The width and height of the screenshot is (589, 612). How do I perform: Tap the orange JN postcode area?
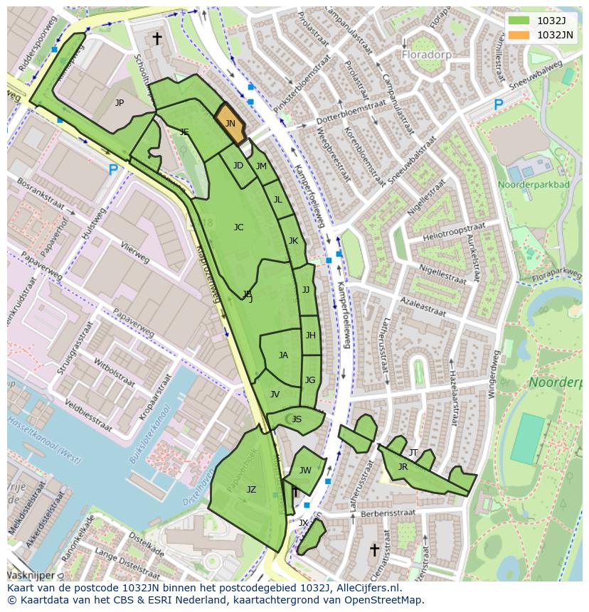[x=230, y=124]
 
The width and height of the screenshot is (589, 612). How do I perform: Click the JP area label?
[x=120, y=103]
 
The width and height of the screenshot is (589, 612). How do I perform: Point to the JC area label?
[x=238, y=227]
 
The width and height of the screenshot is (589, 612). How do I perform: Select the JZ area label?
[x=251, y=490]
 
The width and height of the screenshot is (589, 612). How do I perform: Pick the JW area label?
[x=305, y=470]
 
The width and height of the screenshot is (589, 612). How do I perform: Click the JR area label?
[x=403, y=467]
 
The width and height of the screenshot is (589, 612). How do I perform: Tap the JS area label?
[x=297, y=419]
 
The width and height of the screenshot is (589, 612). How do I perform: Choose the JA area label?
[x=283, y=355]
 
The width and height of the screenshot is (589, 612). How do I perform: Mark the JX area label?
[x=303, y=523]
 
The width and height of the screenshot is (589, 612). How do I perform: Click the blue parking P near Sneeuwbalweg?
[x=498, y=105]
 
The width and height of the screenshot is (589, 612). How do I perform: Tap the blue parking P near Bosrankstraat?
[x=112, y=170]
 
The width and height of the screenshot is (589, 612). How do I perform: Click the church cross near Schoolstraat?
[x=156, y=38]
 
